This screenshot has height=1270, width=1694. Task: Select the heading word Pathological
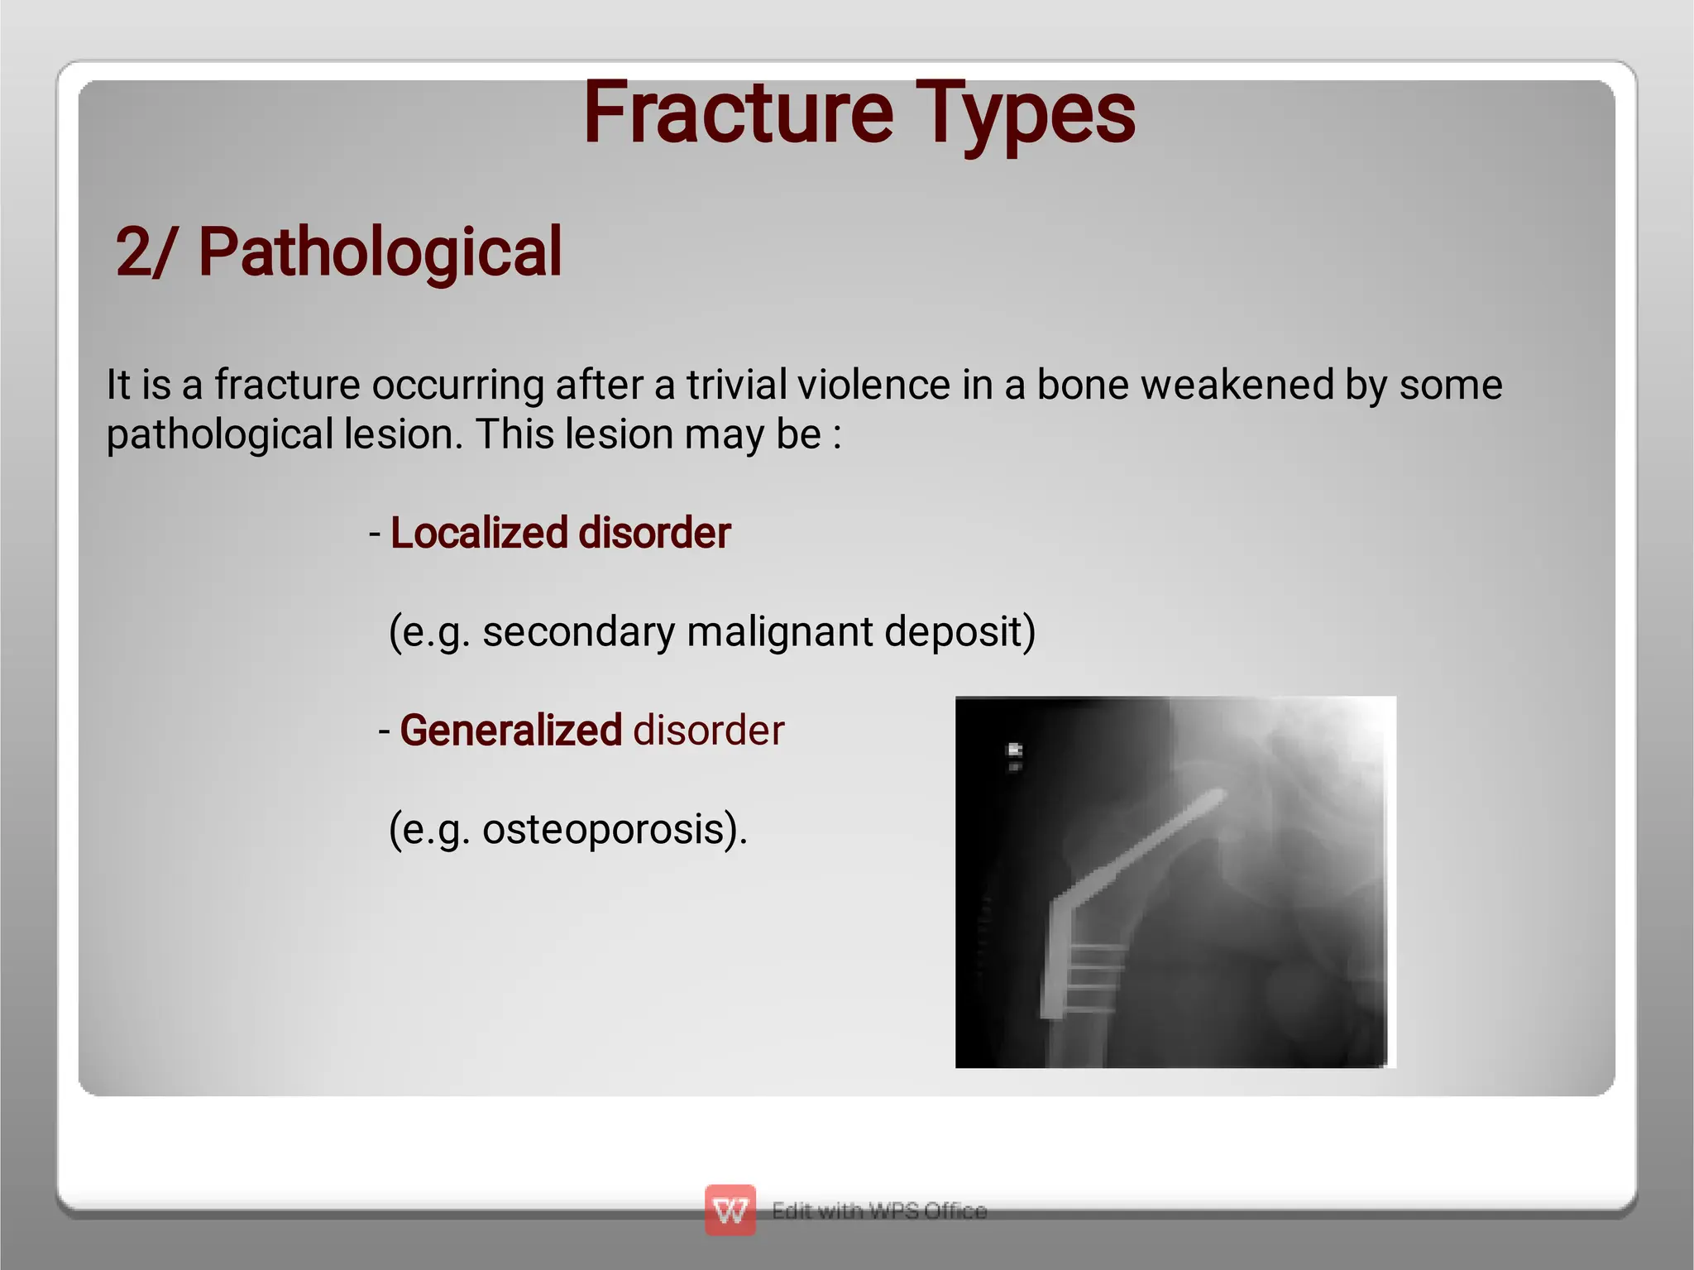380,252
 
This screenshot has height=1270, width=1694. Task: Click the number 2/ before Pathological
145,252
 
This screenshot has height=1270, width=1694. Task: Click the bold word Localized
479,533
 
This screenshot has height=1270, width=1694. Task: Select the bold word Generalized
510,731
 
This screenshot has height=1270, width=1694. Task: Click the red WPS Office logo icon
730,1210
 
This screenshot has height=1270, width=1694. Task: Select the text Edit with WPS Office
878,1210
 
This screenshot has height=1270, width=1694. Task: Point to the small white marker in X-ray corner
1015,755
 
